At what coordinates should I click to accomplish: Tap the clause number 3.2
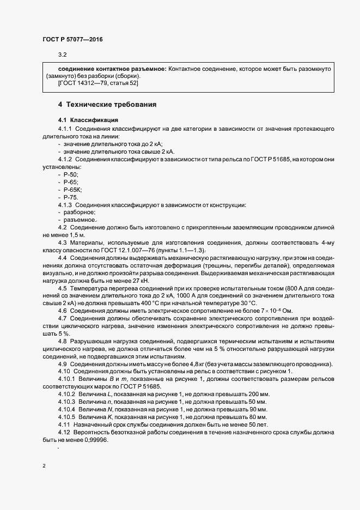62,54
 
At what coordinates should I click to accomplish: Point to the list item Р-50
71,174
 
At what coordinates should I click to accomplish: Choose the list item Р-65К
73,189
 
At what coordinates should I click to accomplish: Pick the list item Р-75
71,197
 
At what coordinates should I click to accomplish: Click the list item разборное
80,212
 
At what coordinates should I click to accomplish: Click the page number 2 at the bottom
44,467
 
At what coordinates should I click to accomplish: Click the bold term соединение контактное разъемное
112,70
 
